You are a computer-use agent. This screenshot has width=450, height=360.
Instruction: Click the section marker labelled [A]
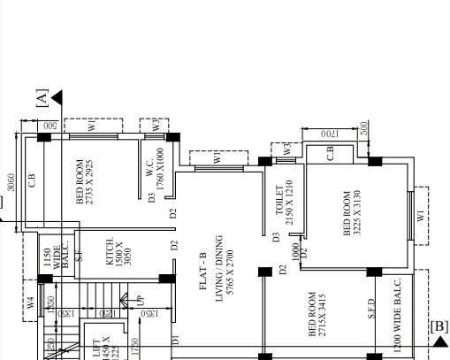coord(42,96)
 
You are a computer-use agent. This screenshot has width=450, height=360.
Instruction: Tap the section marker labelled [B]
coord(439,326)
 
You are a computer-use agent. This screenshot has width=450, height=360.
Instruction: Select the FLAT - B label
coord(203,272)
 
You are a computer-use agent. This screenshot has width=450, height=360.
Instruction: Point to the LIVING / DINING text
coord(218,270)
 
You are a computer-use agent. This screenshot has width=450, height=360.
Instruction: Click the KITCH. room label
coord(110,251)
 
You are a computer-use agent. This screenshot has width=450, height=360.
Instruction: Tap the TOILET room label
coord(279,200)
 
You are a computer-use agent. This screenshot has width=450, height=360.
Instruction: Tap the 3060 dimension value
coord(10,182)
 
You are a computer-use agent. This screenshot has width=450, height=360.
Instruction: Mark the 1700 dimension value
coord(329,132)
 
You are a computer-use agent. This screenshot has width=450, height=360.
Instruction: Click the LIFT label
coord(96,346)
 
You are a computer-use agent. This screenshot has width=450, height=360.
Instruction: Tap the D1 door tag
coord(175,339)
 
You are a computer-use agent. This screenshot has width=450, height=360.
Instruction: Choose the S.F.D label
coord(372,307)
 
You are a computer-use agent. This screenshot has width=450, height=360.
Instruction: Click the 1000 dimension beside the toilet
coord(295,252)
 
